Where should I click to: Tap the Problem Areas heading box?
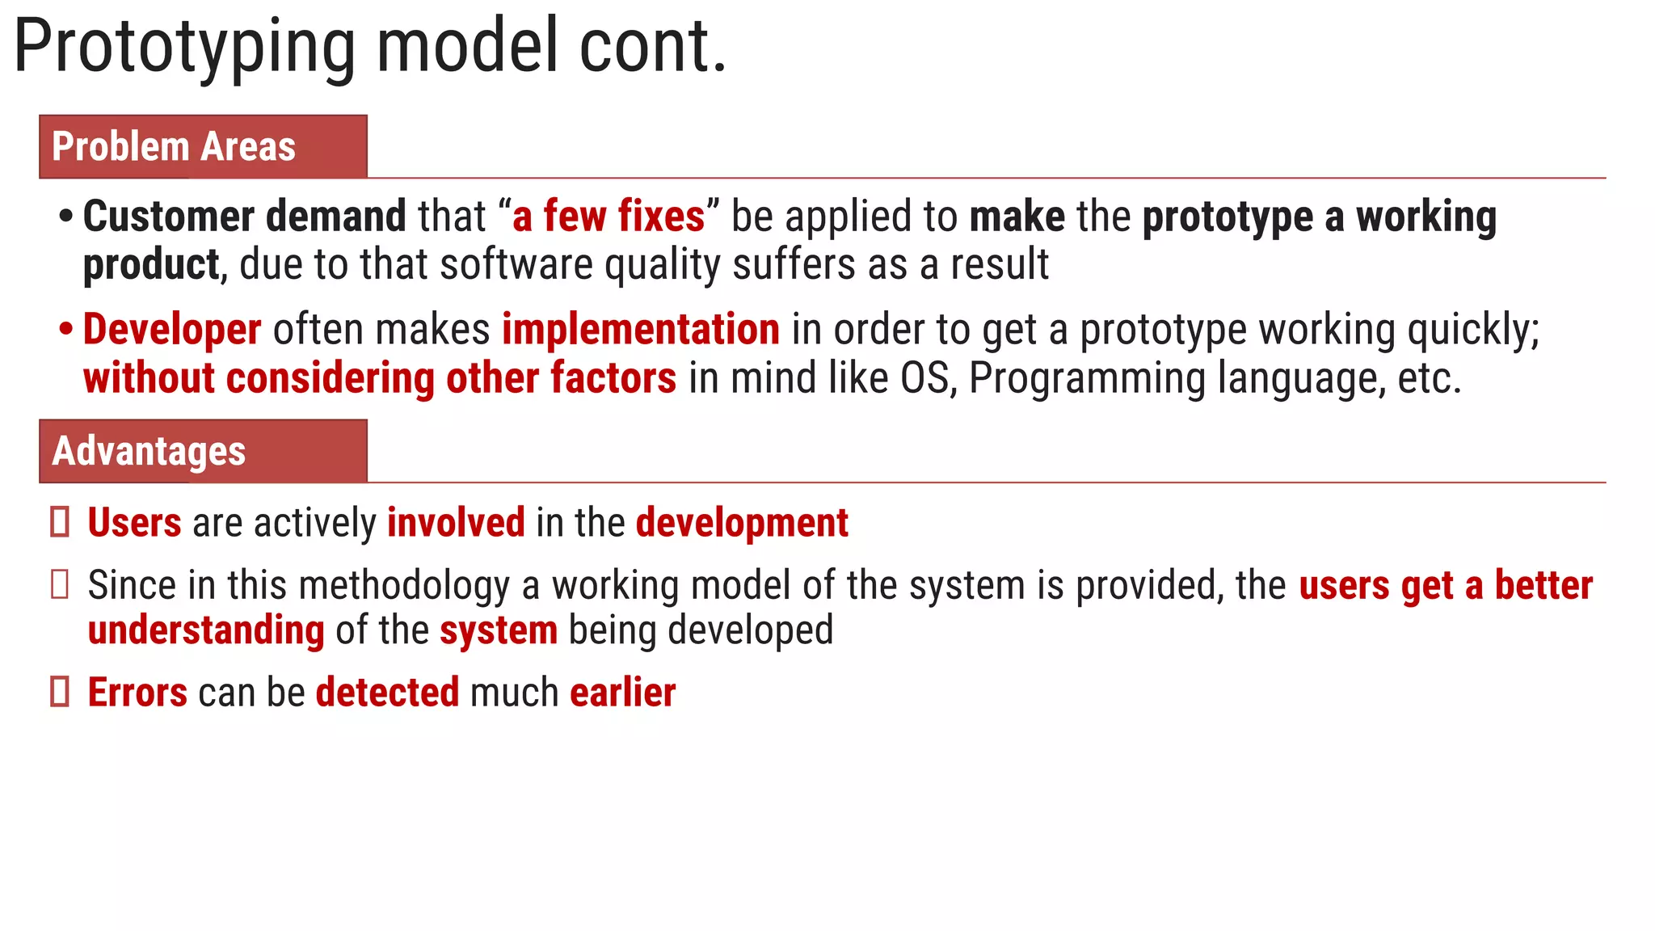[x=203, y=147]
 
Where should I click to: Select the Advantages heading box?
[x=203, y=451]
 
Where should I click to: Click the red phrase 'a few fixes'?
[x=609, y=217]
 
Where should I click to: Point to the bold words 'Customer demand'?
[x=244, y=217]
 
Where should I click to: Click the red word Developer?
[x=172, y=330]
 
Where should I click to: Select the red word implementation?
[x=641, y=330]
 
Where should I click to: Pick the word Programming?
[x=1087, y=378]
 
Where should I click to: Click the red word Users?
[x=134, y=523]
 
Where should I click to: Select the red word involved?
[x=456, y=523]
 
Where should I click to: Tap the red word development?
[x=742, y=523]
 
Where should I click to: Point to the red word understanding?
[x=206, y=630]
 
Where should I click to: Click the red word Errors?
[x=137, y=693]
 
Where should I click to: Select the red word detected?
[x=387, y=693]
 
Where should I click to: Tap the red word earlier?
[x=622, y=693]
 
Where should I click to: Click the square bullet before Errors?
[x=60, y=693]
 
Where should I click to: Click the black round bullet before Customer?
[x=66, y=217]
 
